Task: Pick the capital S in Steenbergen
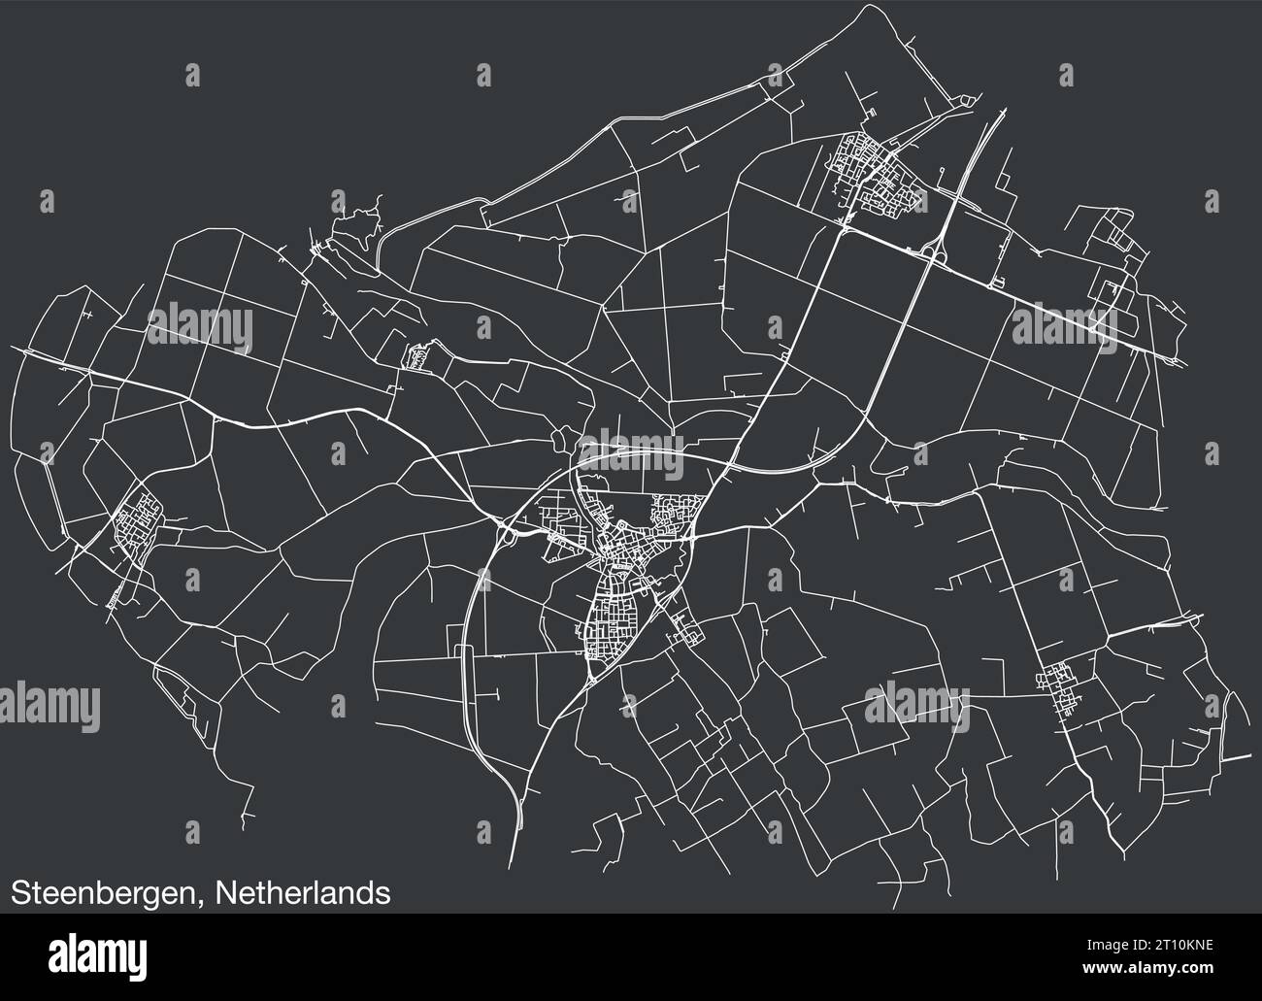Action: (x=20, y=892)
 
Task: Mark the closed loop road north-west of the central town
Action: (x=562, y=442)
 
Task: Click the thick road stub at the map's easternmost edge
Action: (x=1238, y=754)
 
